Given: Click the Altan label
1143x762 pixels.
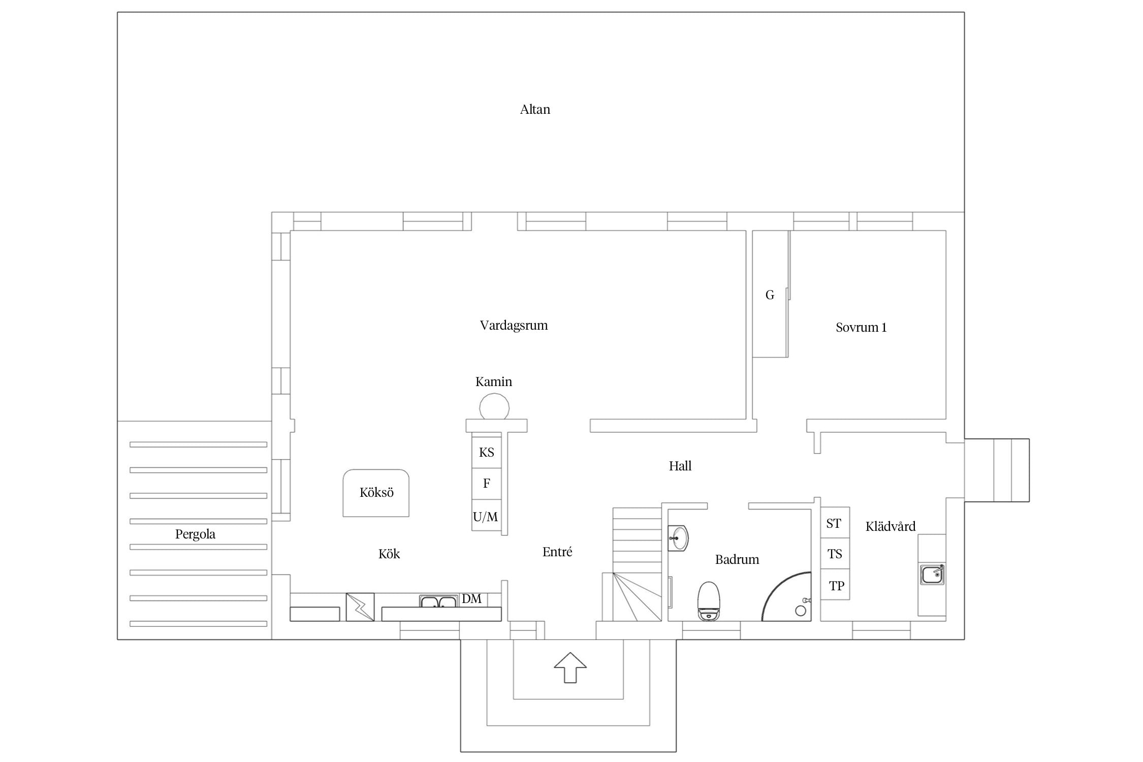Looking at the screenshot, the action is click(x=535, y=109).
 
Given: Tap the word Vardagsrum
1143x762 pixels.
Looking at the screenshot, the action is click(x=514, y=326).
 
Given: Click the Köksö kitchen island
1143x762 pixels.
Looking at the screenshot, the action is click(x=376, y=493).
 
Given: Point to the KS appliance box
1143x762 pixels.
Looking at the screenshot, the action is click(x=487, y=452).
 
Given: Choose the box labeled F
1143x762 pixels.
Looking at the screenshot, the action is click(x=487, y=484).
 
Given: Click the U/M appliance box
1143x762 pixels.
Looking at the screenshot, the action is click(x=487, y=516).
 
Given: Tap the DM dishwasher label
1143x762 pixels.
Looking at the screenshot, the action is click(x=471, y=599).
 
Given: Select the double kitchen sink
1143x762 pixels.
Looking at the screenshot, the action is click(x=438, y=601).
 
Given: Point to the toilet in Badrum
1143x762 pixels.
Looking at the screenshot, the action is click(x=709, y=601).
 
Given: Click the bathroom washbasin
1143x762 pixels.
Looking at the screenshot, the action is click(x=678, y=538).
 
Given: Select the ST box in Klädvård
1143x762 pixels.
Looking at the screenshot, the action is click(x=835, y=523).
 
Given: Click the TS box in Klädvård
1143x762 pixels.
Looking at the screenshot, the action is click(x=835, y=554).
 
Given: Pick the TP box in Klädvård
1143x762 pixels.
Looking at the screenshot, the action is click(x=835, y=585).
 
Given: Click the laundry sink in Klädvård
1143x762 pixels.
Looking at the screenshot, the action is click(x=933, y=575).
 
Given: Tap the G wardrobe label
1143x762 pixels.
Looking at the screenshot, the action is click(x=770, y=295).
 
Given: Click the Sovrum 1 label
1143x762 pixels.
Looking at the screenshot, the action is click(x=861, y=328).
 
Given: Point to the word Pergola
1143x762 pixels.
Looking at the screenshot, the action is click(x=195, y=534).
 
